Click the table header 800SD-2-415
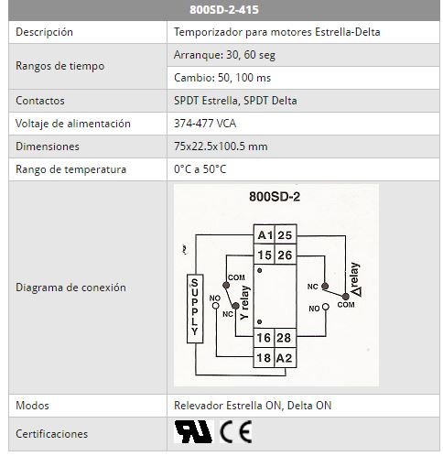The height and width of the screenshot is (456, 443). [224, 9]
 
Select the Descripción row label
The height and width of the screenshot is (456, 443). [44, 32]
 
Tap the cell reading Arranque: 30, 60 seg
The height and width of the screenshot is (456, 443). [224, 55]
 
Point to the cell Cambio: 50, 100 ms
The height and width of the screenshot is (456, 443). [222, 78]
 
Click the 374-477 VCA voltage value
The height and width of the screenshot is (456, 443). [205, 124]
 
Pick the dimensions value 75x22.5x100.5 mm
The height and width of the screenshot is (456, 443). [221, 147]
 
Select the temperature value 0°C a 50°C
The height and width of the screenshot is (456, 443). [200, 169]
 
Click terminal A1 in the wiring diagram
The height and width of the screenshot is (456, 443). [265, 234]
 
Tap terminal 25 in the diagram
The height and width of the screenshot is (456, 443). [286, 234]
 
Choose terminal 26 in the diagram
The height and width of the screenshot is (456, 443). [286, 255]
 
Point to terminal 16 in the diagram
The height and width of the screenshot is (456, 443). [265, 338]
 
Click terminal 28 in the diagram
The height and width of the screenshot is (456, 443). [286, 338]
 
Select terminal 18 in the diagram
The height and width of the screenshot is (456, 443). [265, 358]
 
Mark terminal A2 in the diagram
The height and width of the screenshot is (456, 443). [286, 358]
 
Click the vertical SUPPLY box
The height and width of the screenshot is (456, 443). [195, 309]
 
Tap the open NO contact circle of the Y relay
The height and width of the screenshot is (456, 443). [216, 306]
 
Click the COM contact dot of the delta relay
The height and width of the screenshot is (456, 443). [345, 297]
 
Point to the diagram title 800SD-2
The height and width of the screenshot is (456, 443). [275, 197]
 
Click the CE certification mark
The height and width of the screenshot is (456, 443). [236, 431]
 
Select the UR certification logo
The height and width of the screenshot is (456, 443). [193, 431]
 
